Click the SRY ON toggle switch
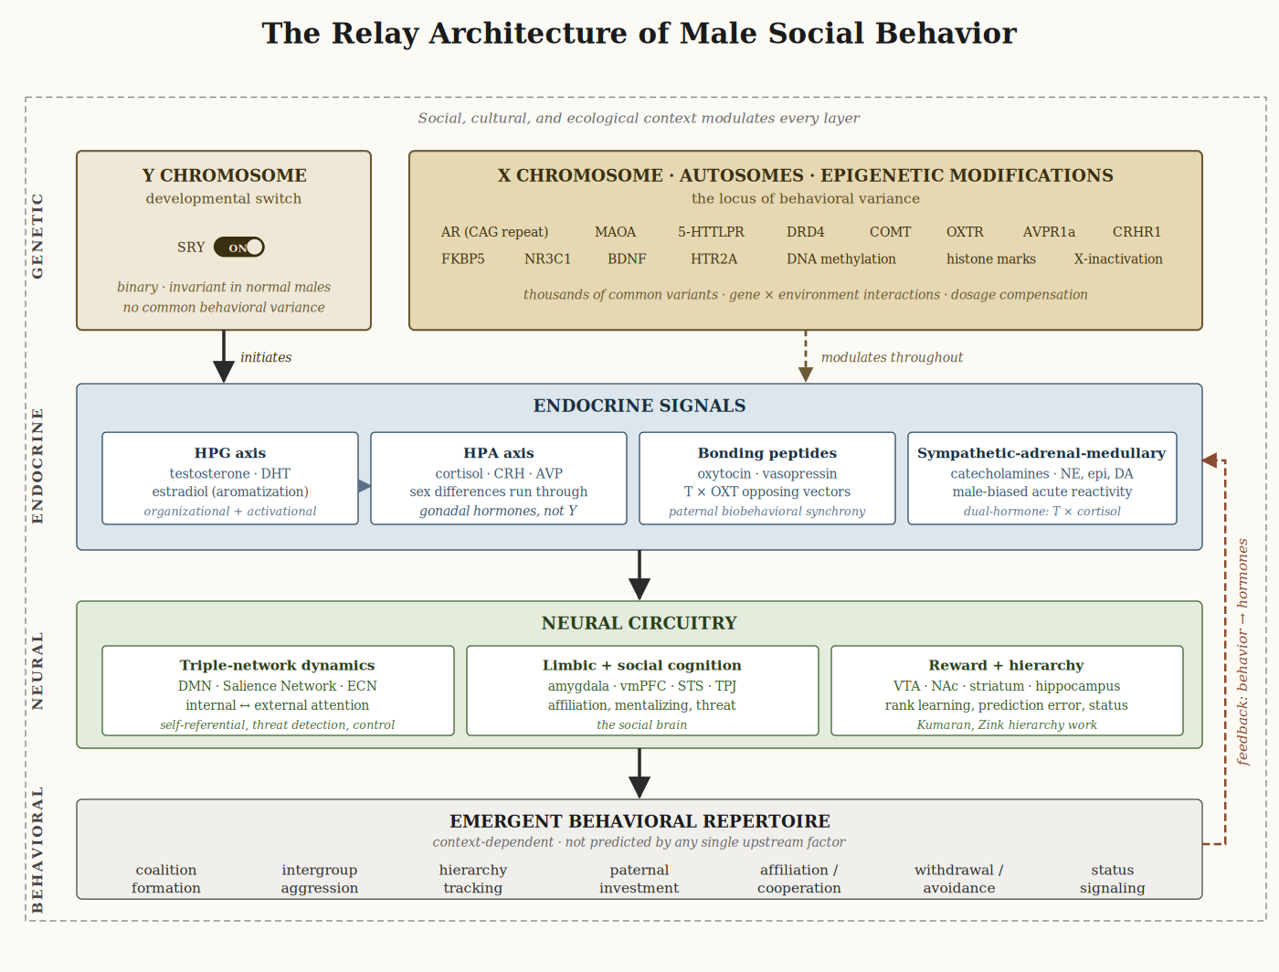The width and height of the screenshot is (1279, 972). pos(239,248)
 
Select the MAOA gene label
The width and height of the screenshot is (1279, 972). pos(615,232)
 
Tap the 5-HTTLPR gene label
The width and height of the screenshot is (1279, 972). pos(711,232)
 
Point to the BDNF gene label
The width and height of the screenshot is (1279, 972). pos(627,259)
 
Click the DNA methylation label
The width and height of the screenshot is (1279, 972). pos(840,259)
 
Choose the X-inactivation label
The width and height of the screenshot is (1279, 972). pos(1118,259)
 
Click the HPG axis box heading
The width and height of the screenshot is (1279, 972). pos(230,453)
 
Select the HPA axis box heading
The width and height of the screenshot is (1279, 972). pos(499,453)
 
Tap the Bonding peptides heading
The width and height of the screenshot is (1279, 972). pos(767,453)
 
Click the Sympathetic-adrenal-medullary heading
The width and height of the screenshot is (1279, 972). pos(1041,453)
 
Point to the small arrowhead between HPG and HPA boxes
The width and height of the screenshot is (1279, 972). pos(365,486)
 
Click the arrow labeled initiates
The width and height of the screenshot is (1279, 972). pos(224,357)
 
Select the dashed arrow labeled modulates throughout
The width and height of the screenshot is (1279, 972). pos(806,357)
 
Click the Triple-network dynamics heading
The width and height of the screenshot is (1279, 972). pos(278,665)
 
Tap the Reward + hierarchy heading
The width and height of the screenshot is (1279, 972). pos(1006,665)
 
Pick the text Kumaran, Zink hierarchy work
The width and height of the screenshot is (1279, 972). pos(1007,725)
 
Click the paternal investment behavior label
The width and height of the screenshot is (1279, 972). pos(639,879)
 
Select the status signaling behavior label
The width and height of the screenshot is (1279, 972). pos(1112,879)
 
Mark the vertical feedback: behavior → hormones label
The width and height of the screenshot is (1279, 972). pos(1242,651)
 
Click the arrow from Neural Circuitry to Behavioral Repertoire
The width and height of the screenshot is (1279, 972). pos(639,773)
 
